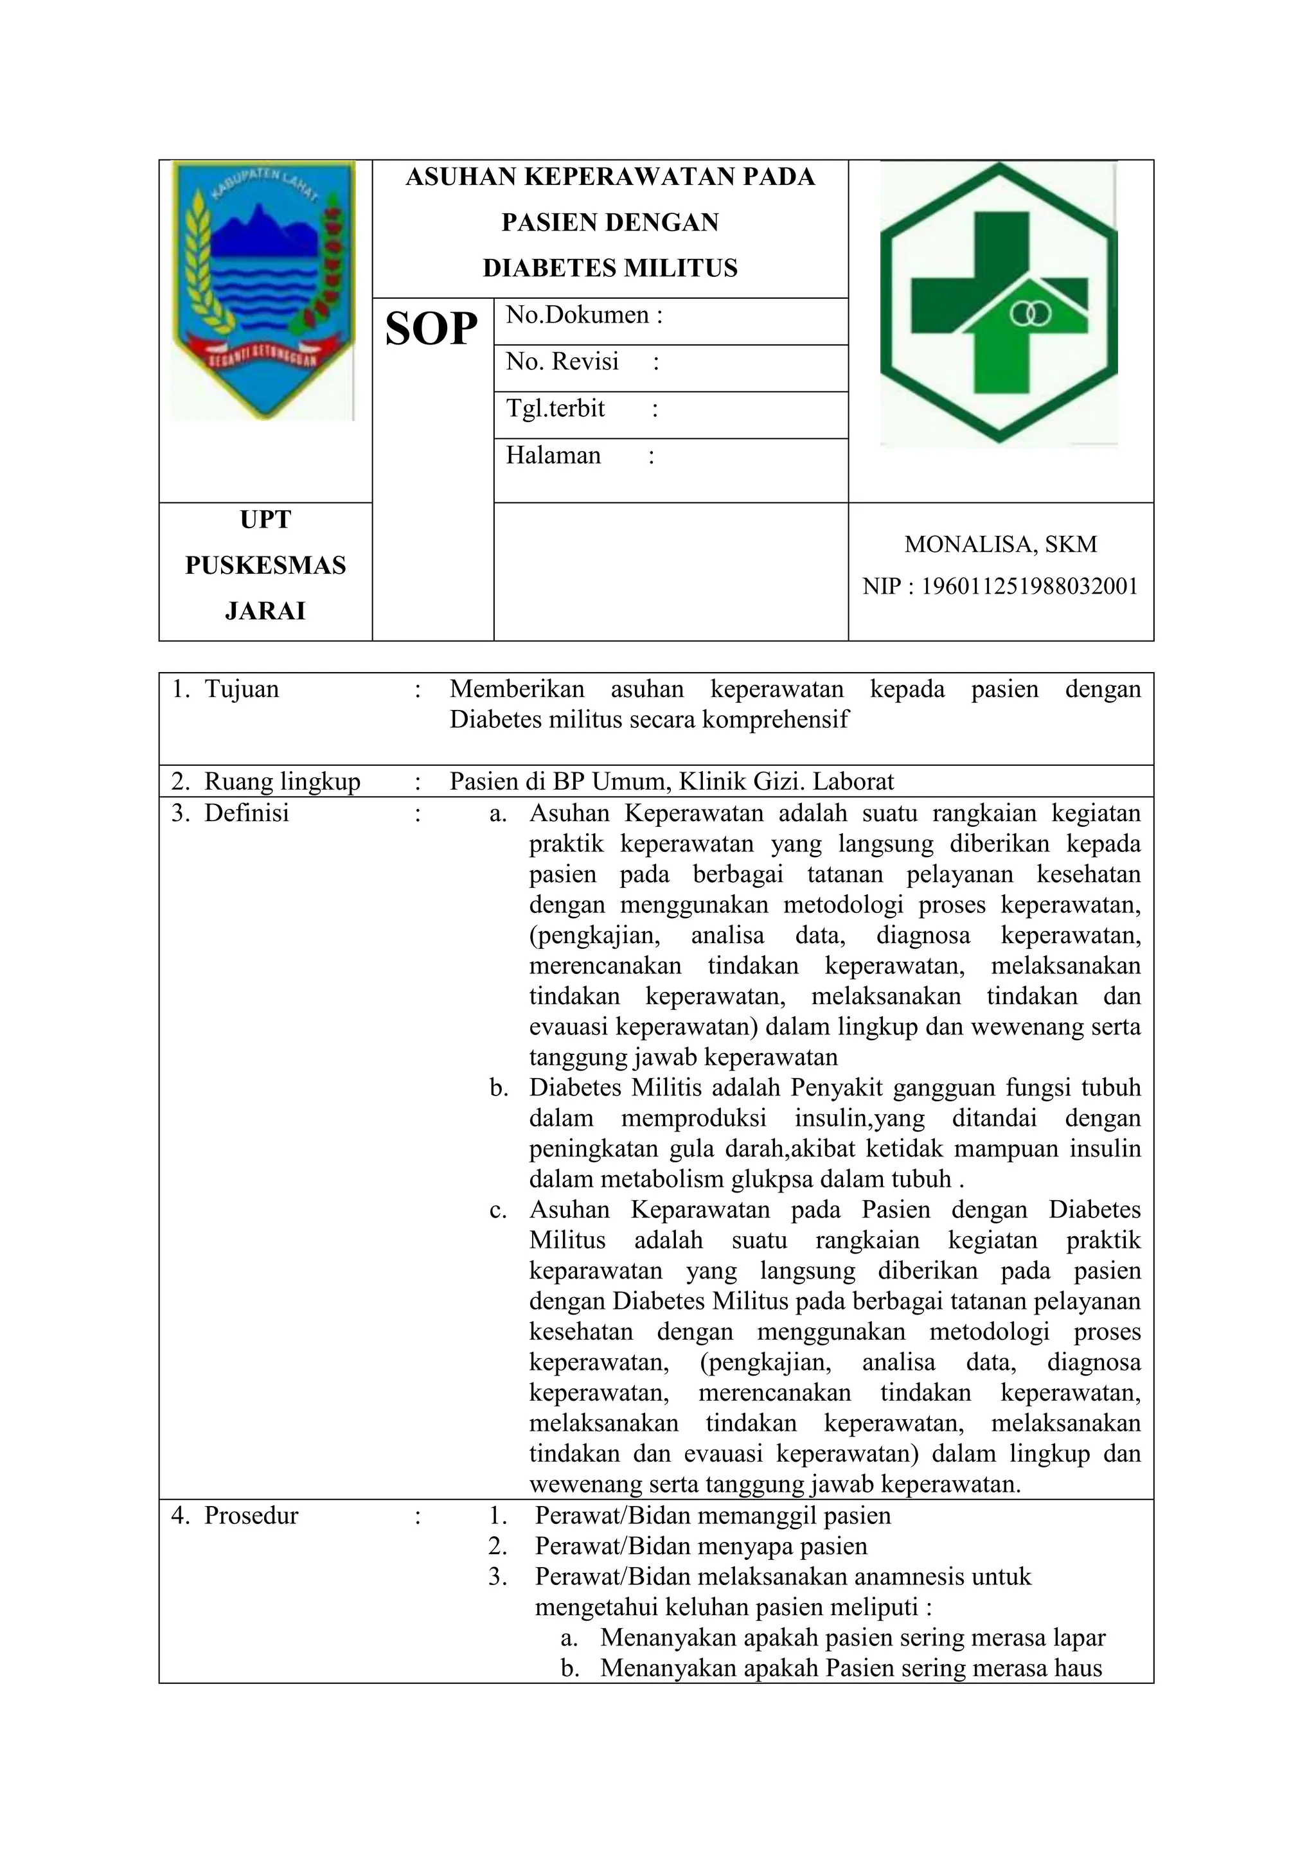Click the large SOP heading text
(x=431, y=330)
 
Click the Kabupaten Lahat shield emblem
(x=264, y=290)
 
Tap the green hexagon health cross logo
(x=999, y=303)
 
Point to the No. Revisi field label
(x=562, y=361)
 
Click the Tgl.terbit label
(x=555, y=408)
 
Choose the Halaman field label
(x=553, y=456)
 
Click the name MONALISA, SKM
(x=1000, y=544)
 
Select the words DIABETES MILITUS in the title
(x=610, y=268)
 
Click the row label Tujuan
(x=242, y=689)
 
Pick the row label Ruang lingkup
(x=281, y=782)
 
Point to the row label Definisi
(x=246, y=813)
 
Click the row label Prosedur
(x=251, y=1516)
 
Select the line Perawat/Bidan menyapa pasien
(x=700, y=1546)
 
